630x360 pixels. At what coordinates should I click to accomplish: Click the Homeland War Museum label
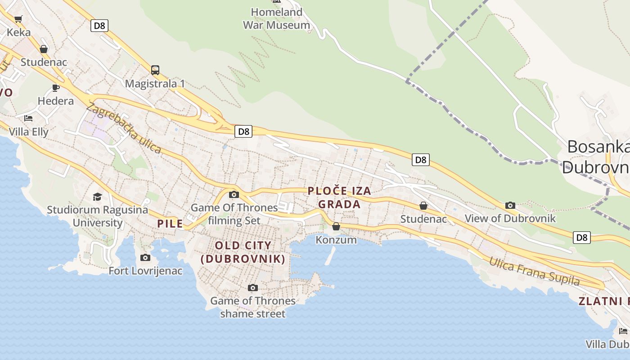(x=276, y=18)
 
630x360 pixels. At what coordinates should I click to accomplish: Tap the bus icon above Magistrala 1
(x=155, y=70)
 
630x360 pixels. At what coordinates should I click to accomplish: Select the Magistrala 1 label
(x=155, y=84)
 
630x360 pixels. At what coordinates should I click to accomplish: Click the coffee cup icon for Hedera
(x=56, y=87)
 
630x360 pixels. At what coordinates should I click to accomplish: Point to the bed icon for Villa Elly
(x=28, y=118)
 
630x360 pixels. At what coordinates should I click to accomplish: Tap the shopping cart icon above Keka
(x=18, y=19)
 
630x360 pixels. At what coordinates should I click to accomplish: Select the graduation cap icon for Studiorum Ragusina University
(x=97, y=197)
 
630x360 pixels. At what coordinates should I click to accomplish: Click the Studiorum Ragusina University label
(x=97, y=216)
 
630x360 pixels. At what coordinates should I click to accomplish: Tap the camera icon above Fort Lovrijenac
(x=145, y=257)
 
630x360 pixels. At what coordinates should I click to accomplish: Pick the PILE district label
(x=170, y=224)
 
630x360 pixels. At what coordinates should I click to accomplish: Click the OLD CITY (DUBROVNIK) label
(x=243, y=252)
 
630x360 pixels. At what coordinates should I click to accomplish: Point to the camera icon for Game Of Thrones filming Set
(x=234, y=194)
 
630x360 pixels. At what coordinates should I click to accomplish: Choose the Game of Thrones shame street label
(x=253, y=307)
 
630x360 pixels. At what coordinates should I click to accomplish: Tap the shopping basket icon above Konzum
(x=336, y=226)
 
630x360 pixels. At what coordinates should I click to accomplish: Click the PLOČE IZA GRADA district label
(x=340, y=197)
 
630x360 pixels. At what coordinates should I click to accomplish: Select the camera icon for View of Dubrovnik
(x=510, y=205)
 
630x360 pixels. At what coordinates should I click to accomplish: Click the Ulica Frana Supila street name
(x=534, y=271)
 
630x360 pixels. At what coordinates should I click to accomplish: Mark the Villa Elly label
(x=28, y=132)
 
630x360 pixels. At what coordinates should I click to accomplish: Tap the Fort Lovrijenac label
(x=146, y=270)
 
